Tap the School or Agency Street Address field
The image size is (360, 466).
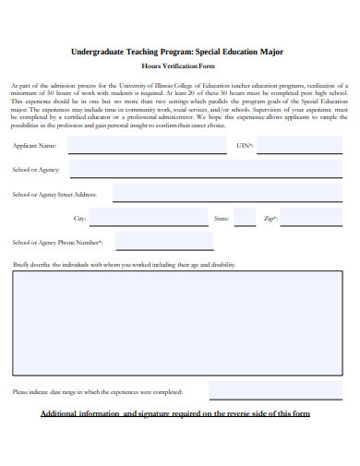226,194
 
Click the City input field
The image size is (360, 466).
149,219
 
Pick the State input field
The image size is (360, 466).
245,219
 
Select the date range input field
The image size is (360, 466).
275,391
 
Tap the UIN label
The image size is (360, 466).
245,146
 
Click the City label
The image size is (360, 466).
79,219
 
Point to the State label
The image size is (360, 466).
222,219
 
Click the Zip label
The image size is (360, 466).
270,219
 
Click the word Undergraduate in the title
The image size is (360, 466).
99,53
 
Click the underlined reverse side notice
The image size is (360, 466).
175,413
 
